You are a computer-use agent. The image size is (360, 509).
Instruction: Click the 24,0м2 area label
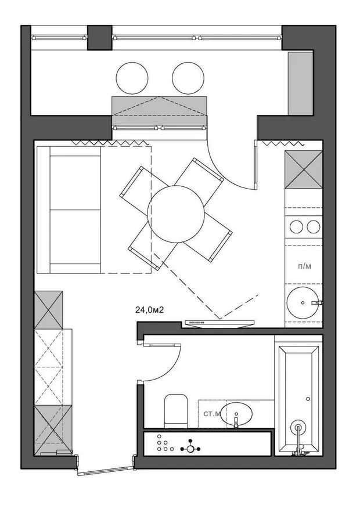(149, 310)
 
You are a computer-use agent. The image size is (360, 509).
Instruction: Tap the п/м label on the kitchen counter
(304, 266)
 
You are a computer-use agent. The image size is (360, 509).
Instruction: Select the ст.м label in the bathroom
(212, 414)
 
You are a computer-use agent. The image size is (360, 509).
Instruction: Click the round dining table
(176, 214)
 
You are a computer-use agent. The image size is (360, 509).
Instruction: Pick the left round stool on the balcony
(132, 78)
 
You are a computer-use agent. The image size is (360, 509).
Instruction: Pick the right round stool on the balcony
(188, 78)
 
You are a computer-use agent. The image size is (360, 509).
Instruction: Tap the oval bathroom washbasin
(236, 414)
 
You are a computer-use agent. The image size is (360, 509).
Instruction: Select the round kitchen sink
(303, 302)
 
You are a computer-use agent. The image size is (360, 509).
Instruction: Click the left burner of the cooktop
(296, 226)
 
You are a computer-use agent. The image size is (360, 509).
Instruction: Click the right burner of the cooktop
(314, 226)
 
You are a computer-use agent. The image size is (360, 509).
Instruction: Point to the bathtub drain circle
(298, 427)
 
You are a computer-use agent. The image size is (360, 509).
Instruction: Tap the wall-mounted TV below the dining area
(219, 323)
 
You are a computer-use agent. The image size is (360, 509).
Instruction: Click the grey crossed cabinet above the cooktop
(304, 169)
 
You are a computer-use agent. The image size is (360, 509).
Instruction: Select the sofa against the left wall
(69, 210)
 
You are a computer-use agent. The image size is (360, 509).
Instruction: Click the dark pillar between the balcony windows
(100, 38)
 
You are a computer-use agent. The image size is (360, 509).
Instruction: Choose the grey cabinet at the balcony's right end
(301, 84)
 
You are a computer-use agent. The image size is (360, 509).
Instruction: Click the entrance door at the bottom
(106, 470)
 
